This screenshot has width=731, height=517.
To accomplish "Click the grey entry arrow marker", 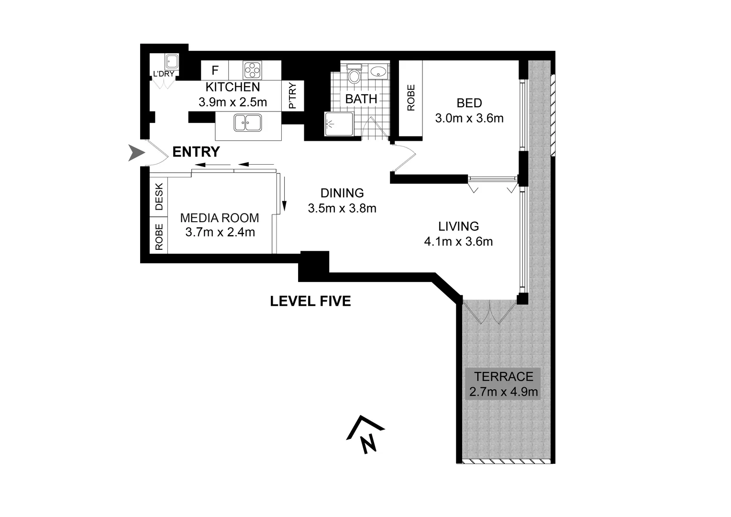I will click(x=136, y=154).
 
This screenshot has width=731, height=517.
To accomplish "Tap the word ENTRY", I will click(x=196, y=152).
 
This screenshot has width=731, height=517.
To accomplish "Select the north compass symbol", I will click(x=366, y=435).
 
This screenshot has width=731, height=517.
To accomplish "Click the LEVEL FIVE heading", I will click(x=310, y=301).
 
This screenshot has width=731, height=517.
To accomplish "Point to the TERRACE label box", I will click(x=501, y=384).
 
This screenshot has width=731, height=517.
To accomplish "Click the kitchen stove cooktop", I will click(x=252, y=70).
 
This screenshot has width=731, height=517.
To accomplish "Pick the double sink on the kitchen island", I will click(x=247, y=123).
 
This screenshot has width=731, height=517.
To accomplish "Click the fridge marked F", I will click(x=215, y=70).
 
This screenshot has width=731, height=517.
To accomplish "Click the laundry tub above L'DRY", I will click(x=171, y=62).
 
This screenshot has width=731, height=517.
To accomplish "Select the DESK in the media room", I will click(x=159, y=197).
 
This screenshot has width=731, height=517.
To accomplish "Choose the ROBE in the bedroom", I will click(x=410, y=98).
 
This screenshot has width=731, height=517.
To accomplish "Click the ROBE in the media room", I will click(x=159, y=237).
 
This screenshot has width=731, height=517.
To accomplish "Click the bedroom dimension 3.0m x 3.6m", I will click(x=469, y=118).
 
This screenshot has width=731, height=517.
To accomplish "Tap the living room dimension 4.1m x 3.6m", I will click(x=458, y=242).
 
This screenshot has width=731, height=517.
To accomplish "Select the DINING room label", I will click(x=342, y=193).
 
